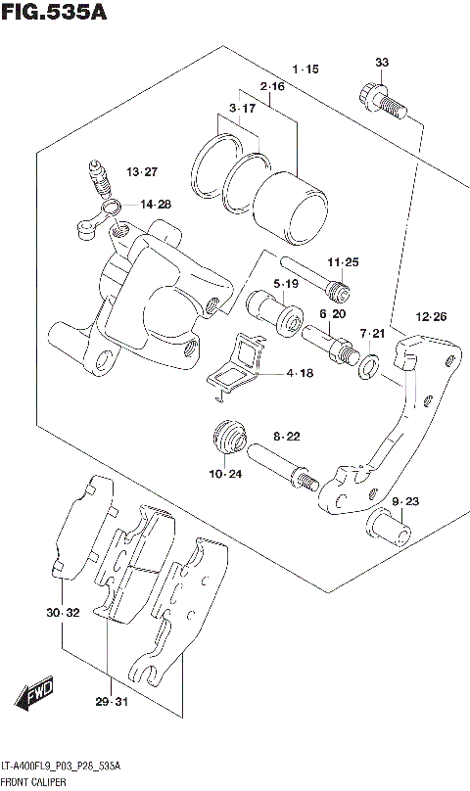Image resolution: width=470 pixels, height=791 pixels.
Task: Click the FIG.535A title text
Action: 53,13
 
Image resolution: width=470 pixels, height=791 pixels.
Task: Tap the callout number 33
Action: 382,63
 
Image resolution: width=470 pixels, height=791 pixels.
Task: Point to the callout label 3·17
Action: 242,108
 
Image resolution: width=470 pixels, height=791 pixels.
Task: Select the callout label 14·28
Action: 155,205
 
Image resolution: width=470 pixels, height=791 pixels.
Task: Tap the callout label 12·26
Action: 431,316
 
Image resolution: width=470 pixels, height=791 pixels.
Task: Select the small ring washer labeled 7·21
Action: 368,367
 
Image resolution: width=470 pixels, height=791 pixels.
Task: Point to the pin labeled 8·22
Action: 282,464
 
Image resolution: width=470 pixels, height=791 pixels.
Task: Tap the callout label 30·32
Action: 61,613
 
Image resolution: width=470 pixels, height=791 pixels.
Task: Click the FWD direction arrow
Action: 35,698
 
